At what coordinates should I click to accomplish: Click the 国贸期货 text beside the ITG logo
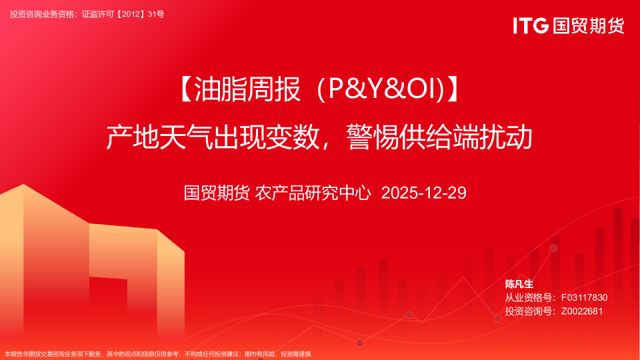(587, 26)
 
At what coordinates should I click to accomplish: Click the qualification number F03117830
(584, 297)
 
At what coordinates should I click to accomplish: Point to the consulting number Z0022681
(582, 311)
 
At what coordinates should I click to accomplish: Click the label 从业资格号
(529, 297)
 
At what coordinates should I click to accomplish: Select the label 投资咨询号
(529, 311)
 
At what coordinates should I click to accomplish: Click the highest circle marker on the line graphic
(553, 248)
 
